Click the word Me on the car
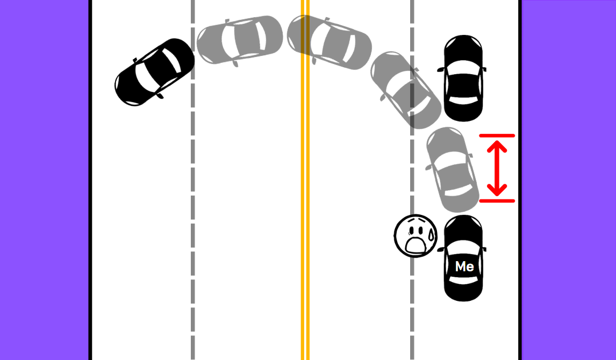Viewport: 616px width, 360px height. pyautogui.click(x=464, y=266)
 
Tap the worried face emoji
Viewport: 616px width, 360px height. pyautogui.click(x=416, y=236)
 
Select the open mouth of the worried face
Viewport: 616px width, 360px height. pyautogui.click(x=415, y=245)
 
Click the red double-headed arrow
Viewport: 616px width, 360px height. pyautogui.click(x=497, y=168)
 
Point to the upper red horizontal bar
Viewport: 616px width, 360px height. pyautogui.click(x=497, y=136)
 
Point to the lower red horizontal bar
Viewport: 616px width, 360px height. pyautogui.click(x=497, y=201)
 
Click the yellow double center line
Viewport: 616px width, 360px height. pyautogui.click(x=305, y=215)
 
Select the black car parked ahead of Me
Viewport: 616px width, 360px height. pyautogui.click(x=463, y=78)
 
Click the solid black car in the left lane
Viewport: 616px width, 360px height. pyautogui.click(x=155, y=72)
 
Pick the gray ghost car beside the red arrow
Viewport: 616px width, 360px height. pyautogui.click(x=452, y=169)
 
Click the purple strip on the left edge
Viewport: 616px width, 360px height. pyautogui.click(x=43, y=180)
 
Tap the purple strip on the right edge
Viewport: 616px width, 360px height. pyautogui.click(x=570, y=180)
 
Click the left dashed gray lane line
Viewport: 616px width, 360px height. pyautogui.click(x=192, y=215)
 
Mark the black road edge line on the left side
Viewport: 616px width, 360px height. pyautogui.click(x=90, y=215)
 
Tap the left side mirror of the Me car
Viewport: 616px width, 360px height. pyautogui.click(x=440, y=250)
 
